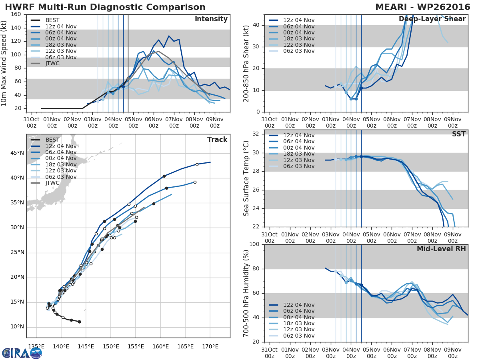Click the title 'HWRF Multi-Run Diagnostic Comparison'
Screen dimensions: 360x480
105,7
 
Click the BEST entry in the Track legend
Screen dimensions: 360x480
52,140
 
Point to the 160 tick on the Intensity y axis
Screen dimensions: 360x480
16,14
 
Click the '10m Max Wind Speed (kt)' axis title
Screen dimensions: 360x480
4,63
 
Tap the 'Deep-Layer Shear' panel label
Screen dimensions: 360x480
432,19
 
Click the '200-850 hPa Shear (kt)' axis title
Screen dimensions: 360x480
247,63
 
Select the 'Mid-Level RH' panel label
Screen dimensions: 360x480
441,249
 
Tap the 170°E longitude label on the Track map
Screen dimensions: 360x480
210,345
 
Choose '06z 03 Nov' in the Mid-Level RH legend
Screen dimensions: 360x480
299,336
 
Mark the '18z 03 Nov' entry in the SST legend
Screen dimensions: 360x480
299,154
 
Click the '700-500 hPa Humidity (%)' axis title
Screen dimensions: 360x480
247,293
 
